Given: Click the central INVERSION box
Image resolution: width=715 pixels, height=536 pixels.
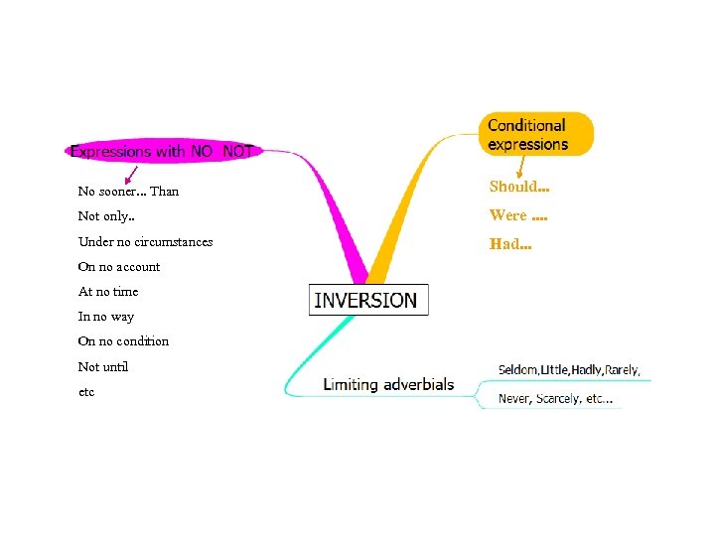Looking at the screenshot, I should point(367,300).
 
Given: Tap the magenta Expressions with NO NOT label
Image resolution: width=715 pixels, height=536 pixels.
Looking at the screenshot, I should point(162,152).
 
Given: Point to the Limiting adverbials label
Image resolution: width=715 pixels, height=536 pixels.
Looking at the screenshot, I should point(388,384).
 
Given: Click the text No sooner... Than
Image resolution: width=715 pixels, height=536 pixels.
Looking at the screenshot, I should point(128,191).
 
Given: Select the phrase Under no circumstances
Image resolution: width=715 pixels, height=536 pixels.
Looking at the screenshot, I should point(145,241).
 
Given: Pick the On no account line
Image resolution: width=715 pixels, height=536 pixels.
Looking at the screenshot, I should point(118,266).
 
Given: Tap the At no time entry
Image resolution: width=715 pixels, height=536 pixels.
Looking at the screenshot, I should point(108,291).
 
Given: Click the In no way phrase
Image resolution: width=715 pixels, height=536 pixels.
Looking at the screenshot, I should point(105,316).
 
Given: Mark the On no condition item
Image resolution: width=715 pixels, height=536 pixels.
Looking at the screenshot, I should point(123,340).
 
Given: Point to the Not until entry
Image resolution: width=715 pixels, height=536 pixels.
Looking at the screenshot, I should point(103,366).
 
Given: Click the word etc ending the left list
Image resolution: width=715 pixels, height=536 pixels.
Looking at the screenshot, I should point(86,391).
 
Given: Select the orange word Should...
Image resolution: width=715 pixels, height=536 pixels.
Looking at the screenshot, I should point(517,187).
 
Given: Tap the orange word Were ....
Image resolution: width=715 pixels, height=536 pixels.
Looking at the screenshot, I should point(508,214).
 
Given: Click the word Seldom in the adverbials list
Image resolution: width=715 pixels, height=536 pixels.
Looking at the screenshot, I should point(517,369).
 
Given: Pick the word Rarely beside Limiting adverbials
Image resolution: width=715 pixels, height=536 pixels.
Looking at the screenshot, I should point(622,369).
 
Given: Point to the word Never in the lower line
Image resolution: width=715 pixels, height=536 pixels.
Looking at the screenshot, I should point(514,399).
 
